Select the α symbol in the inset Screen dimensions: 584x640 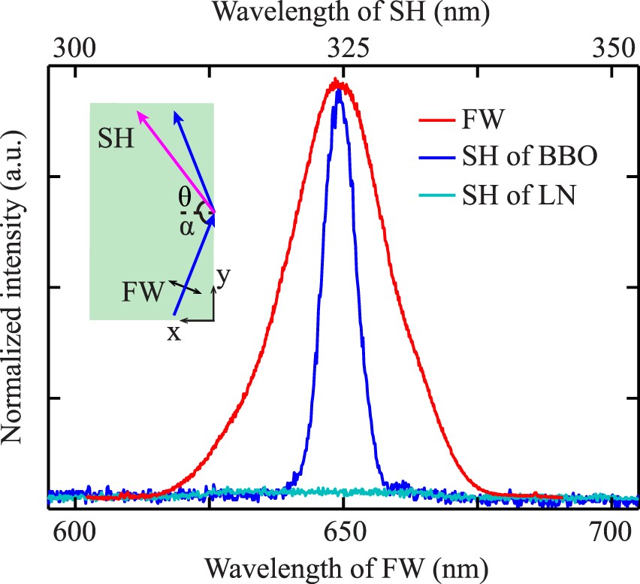coord(185,228)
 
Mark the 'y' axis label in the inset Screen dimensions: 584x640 coord(222,277)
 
